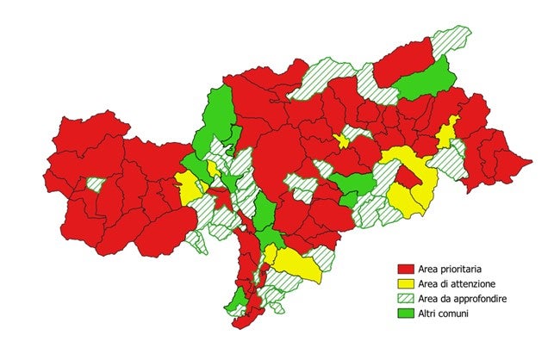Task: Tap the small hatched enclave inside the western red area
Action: pyautogui.click(x=96, y=184)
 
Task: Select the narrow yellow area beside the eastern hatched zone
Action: pyautogui.click(x=445, y=135)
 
